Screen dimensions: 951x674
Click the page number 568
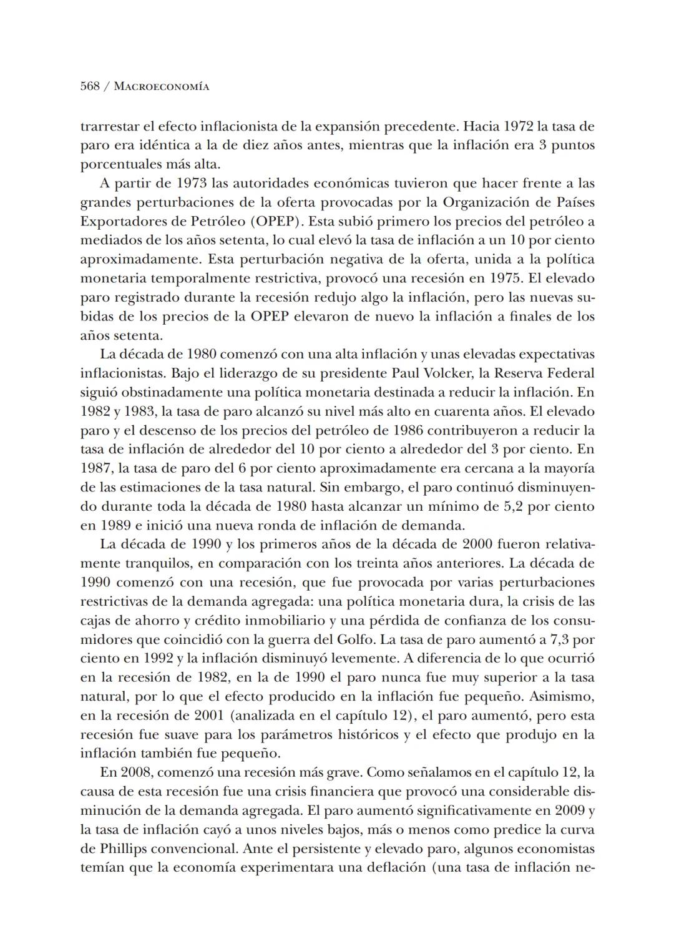[x=90, y=87]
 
